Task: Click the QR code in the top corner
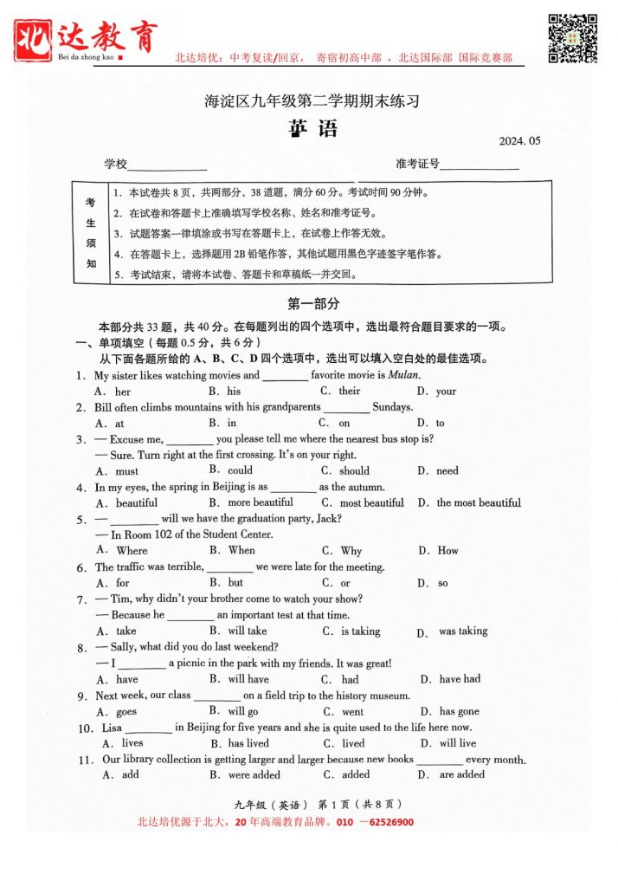(572, 38)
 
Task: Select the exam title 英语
(312, 129)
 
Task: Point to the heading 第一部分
(312, 304)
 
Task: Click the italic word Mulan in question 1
(403, 376)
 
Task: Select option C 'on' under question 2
(344, 424)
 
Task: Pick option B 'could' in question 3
(240, 471)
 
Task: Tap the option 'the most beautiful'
(478, 503)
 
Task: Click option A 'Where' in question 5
(132, 551)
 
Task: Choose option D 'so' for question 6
(442, 584)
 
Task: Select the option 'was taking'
(462, 631)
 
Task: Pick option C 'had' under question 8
(350, 680)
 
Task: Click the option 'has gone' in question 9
(459, 712)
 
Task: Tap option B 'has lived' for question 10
(248, 744)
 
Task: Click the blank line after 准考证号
(480, 166)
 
